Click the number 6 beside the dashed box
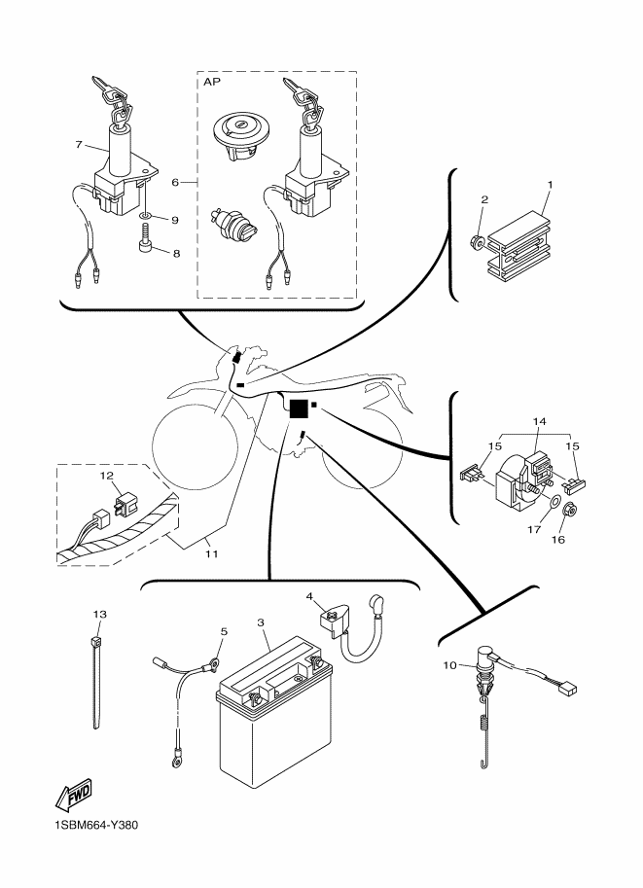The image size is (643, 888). (175, 182)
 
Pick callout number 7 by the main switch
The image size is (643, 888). (78, 145)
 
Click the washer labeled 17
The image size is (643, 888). (554, 505)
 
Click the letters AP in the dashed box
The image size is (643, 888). (211, 83)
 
